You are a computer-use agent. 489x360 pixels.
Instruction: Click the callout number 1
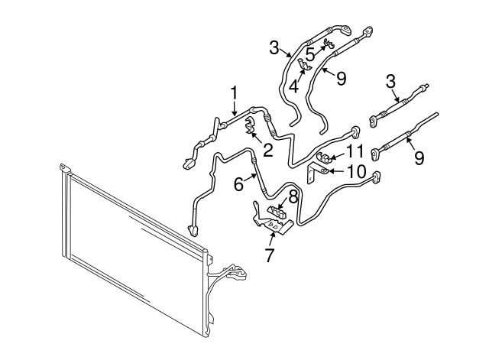pos(234,92)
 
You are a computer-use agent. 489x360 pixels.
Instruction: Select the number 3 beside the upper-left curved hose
pos(275,48)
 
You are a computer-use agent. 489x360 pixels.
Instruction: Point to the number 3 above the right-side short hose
pos(391,80)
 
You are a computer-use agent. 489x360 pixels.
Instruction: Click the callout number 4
pos(293,86)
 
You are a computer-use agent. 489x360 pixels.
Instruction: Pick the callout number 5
pos(309,54)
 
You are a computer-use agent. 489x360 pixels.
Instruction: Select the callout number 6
pos(238,184)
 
